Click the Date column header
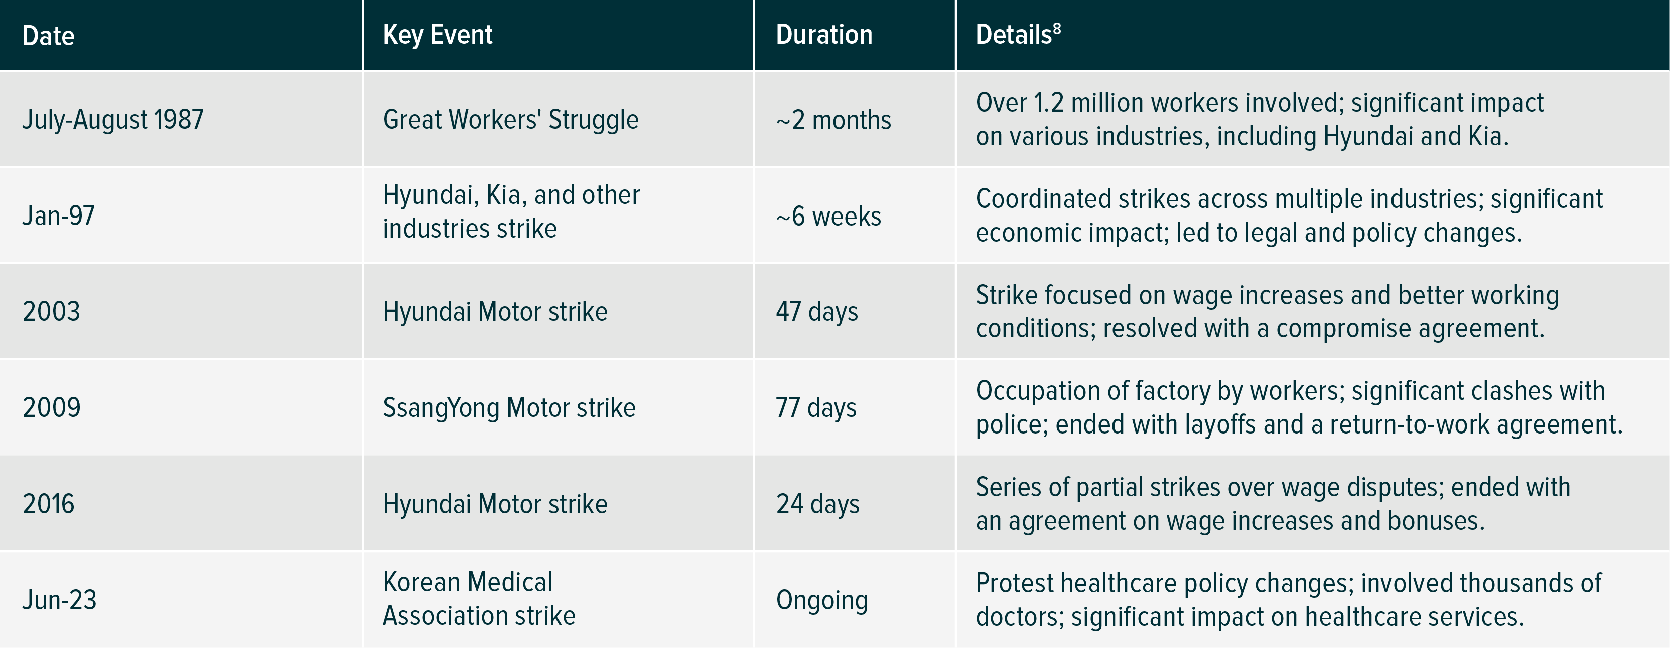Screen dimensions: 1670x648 pyautogui.click(x=48, y=36)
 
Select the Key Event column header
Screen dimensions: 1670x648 pyautogui.click(x=438, y=35)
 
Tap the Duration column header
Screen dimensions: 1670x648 pyautogui.click(x=824, y=35)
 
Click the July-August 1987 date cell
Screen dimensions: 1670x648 pyautogui.click(x=113, y=119)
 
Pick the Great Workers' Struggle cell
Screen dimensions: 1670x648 pyautogui.click(x=511, y=119)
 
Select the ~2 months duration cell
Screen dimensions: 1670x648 pyautogui.click(x=833, y=120)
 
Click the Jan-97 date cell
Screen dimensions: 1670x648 pyautogui.click(x=58, y=215)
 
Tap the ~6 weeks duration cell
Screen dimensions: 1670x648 pyautogui.click(x=828, y=216)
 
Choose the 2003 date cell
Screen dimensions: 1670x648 pyautogui.click(x=51, y=311)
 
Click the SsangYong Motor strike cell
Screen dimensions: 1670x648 pyautogui.click(x=509, y=408)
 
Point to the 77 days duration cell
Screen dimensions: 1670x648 pyautogui.click(x=816, y=408)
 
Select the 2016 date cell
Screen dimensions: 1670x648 pyautogui.click(x=49, y=504)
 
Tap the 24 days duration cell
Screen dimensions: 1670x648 pyautogui.click(x=818, y=504)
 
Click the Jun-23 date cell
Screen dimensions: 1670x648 pyautogui.click(x=59, y=600)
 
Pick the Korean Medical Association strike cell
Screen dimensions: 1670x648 pyautogui.click(x=479, y=599)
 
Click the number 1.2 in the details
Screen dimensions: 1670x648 pyautogui.click(x=1048, y=102)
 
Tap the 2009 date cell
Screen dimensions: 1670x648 pyautogui.click(x=51, y=407)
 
